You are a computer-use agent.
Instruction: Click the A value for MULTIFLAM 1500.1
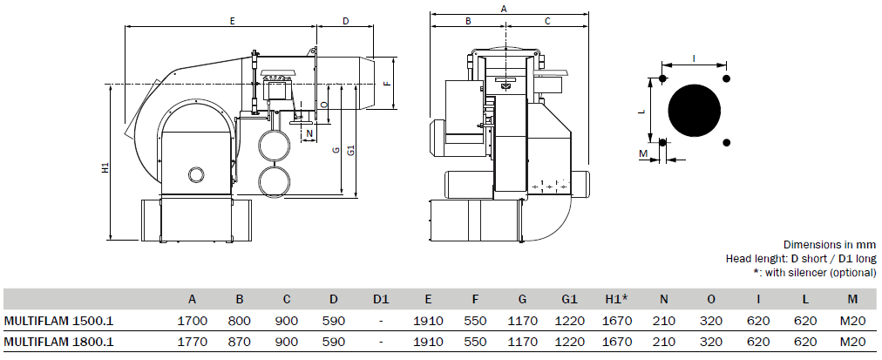(193, 321)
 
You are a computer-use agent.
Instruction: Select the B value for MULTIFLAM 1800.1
(240, 342)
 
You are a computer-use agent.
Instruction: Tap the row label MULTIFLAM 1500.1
(59, 321)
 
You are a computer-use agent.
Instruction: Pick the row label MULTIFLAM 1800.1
(59, 342)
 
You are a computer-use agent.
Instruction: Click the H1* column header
(616, 300)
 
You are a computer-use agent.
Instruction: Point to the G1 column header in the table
(569, 300)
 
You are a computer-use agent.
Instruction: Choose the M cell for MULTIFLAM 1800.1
(852, 342)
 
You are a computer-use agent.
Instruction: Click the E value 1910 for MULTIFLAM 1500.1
(428, 321)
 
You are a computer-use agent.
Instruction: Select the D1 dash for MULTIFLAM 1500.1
(382, 322)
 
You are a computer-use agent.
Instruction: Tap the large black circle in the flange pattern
(694, 111)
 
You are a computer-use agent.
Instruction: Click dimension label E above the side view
(232, 21)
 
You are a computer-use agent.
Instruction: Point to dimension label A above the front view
(504, 9)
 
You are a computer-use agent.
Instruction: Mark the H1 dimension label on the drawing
(105, 167)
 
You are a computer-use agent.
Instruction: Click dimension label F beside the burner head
(386, 84)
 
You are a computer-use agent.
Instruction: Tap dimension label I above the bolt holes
(694, 58)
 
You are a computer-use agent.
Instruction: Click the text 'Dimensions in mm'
(830, 245)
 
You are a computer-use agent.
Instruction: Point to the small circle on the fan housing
(195, 174)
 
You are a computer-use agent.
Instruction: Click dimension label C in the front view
(547, 21)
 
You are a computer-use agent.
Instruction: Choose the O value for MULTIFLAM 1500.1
(711, 321)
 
